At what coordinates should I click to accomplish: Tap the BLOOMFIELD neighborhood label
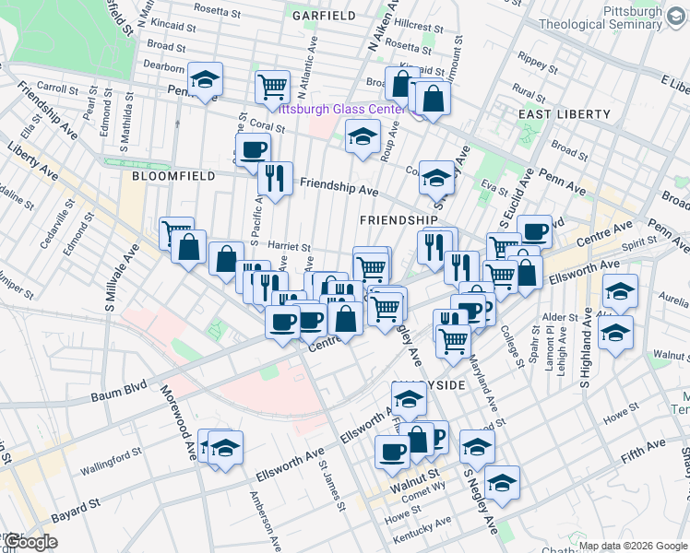(x=173, y=175)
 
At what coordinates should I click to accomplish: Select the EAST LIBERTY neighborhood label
(x=564, y=114)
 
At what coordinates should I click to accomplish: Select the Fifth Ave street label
(x=643, y=451)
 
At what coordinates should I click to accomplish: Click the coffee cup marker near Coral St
(x=253, y=150)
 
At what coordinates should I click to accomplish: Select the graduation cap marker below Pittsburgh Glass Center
(x=363, y=137)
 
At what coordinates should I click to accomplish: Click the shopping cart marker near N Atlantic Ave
(x=273, y=87)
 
